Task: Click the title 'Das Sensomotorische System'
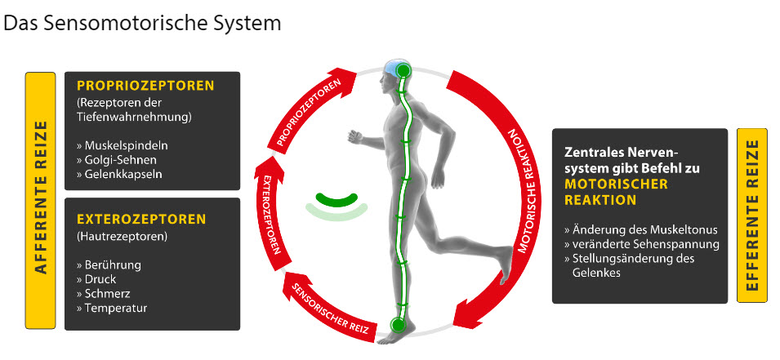click(143, 23)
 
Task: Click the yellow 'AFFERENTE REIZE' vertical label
click(39, 200)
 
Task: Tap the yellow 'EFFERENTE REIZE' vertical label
click(752, 215)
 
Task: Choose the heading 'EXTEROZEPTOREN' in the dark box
click(140, 219)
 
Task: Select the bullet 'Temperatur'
click(116, 308)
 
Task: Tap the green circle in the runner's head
click(402, 71)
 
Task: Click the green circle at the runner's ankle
click(398, 325)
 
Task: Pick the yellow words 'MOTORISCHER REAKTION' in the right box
click(616, 192)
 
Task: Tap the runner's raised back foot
click(504, 260)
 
